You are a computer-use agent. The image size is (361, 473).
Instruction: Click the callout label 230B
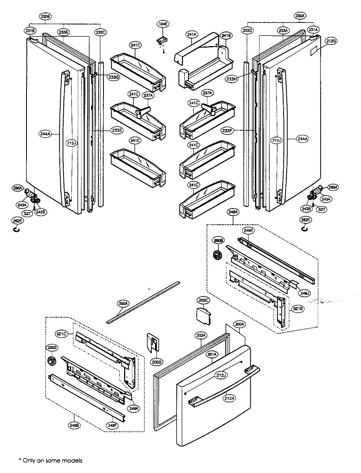pos(45,17)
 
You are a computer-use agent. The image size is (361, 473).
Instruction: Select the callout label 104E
pos(163,24)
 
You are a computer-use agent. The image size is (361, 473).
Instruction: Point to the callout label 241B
pos(226,36)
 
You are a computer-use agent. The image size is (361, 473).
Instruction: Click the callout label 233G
pos(114,77)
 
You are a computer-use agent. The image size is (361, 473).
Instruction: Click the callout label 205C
pos(204,300)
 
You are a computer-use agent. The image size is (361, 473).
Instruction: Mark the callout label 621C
pos(62,334)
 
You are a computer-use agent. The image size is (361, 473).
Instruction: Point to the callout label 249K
pos(134,409)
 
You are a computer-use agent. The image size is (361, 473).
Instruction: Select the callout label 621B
pos(298,309)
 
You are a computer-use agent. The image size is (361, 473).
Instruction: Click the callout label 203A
pos(201,335)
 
